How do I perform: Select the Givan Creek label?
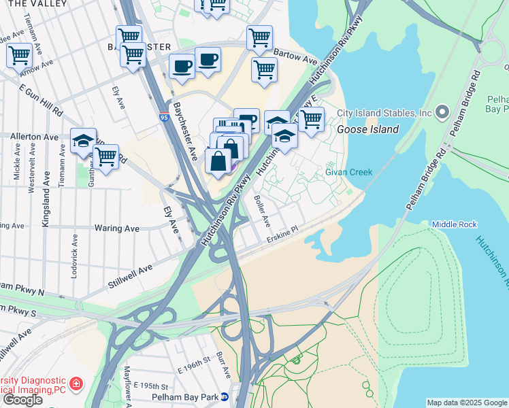pyautogui.click(x=348, y=172)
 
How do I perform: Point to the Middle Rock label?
pyautogui.click(x=455, y=224)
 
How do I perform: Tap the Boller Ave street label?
pyautogui.click(x=262, y=211)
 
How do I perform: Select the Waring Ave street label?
pyautogui.click(x=116, y=228)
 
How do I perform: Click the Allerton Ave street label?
pyautogui.click(x=34, y=137)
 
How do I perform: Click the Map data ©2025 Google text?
pyautogui.click(x=467, y=403)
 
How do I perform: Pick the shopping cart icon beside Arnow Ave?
pyautogui.click(x=19, y=54)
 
